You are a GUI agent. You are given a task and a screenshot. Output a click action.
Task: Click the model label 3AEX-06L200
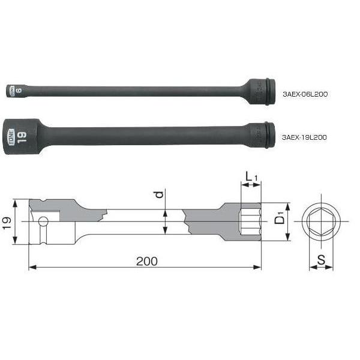[x=305, y=94]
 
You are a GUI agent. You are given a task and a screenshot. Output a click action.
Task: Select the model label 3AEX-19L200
[x=305, y=137]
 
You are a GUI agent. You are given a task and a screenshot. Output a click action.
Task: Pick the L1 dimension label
[x=251, y=178]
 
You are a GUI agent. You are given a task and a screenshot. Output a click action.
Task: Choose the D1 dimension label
[x=279, y=220]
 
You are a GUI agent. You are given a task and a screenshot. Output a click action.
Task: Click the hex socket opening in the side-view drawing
[x=250, y=222]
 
